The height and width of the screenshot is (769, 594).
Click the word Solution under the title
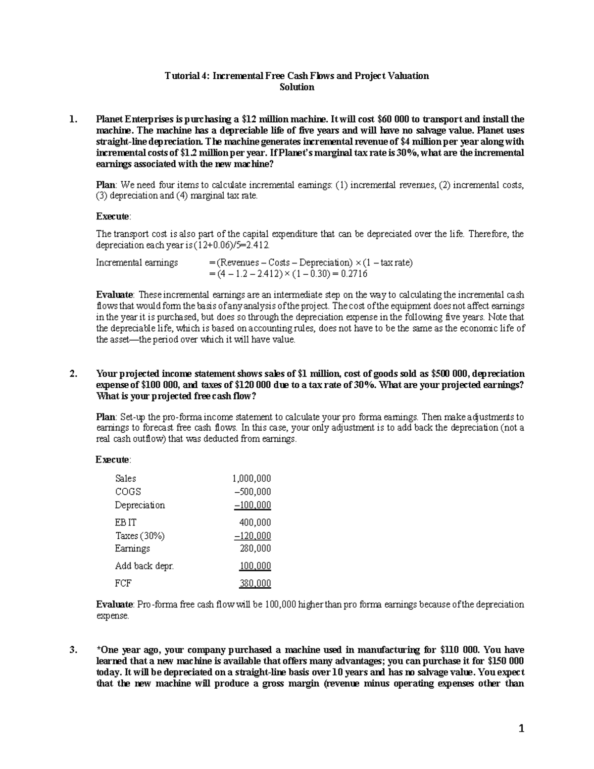click(297, 87)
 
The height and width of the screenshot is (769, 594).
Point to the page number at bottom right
click(521, 728)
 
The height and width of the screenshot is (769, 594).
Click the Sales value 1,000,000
click(251, 478)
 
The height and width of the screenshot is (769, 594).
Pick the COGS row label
click(128, 492)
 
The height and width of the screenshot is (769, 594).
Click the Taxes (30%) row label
click(140, 536)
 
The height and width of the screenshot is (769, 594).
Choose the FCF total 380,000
click(255, 583)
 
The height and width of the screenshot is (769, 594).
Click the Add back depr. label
click(144, 566)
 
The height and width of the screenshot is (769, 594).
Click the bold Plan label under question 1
click(105, 185)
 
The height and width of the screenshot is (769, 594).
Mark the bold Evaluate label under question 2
click(114, 605)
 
